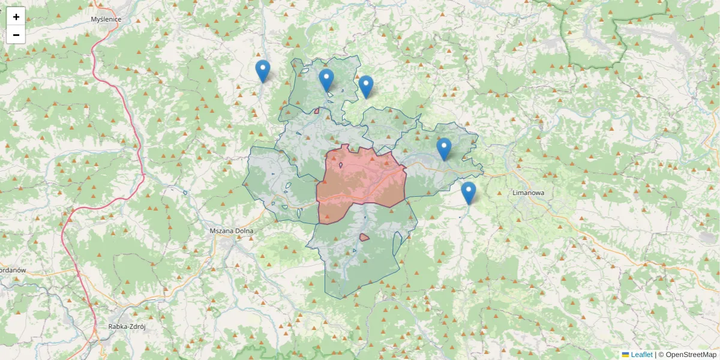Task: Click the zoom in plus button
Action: (16, 16)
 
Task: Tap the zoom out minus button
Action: (16, 35)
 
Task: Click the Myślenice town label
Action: (106, 19)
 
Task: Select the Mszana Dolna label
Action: (232, 230)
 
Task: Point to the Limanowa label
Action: (528, 193)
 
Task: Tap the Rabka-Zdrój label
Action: (127, 327)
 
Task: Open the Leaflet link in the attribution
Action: (641, 355)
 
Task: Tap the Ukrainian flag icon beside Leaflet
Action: (625, 355)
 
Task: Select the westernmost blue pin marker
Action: (262, 71)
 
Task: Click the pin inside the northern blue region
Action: (326, 80)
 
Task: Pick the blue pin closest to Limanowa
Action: (469, 193)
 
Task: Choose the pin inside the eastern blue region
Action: (444, 149)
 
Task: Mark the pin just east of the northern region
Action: (366, 86)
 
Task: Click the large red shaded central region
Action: (360, 180)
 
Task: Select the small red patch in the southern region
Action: (364, 238)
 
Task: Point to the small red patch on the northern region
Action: (316, 110)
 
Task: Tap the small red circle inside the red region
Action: (341, 165)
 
